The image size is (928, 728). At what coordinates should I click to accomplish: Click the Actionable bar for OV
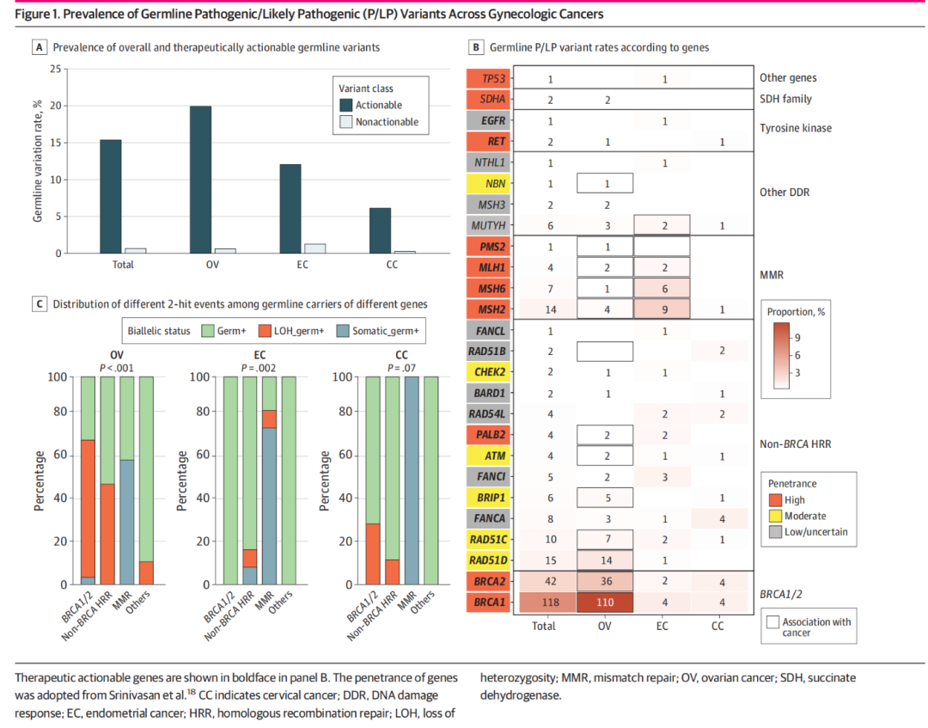pyautogui.click(x=201, y=180)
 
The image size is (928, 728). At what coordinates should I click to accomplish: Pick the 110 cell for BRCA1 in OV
pyautogui.click(x=605, y=602)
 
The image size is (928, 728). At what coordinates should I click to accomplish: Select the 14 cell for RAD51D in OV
pyautogui.click(x=605, y=560)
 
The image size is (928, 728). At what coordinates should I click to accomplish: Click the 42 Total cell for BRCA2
pyautogui.click(x=543, y=581)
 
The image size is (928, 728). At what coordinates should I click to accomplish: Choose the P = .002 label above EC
pyautogui.click(x=258, y=368)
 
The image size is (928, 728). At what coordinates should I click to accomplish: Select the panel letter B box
pyautogui.click(x=474, y=47)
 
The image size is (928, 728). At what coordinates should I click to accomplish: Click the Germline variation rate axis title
pyautogui.click(x=38, y=161)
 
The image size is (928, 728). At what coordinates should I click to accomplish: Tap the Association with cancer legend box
pyautogui.click(x=774, y=621)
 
